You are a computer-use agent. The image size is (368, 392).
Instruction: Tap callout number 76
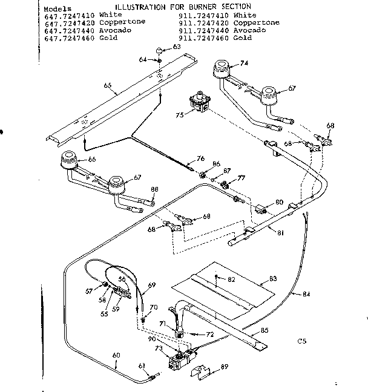tap(200, 159)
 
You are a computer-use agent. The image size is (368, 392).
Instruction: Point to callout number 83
tap(273, 279)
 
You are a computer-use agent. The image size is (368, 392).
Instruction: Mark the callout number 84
tap(306, 295)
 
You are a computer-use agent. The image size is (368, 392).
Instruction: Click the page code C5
tap(302, 341)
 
